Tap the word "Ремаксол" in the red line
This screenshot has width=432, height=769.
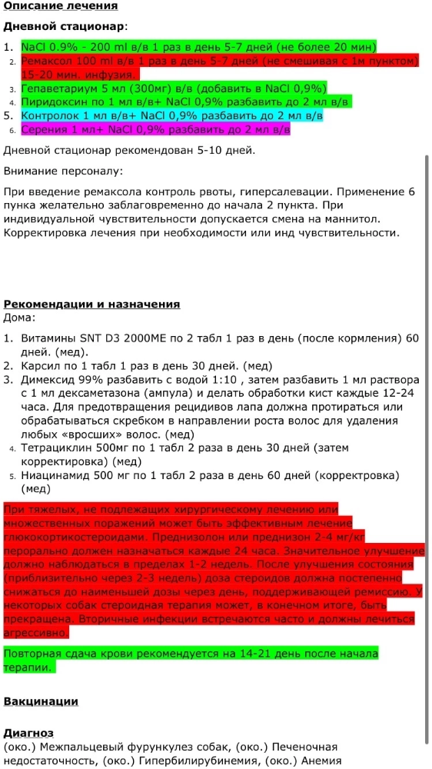click(x=48, y=60)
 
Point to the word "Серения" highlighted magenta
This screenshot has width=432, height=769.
click(x=44, y=130)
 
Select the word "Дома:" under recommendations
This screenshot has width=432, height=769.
click(x=19, y=317)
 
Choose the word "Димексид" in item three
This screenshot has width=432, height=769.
click(x=50, y=380)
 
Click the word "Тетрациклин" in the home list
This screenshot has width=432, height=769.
click(x=56, y=448)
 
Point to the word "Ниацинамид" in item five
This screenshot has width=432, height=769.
click(x=57, y=475)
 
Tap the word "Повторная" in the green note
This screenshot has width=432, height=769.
click(x=33, y=654)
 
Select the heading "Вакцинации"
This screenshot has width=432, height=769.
click(x=41, y=701)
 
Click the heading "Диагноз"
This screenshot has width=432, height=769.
click(x=28, y=734)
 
